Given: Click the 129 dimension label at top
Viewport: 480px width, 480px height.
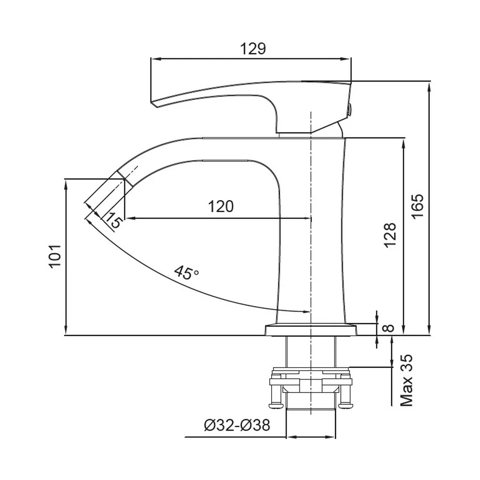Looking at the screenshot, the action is coord(253,48).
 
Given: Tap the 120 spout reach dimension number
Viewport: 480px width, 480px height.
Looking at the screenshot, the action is coord(221,206).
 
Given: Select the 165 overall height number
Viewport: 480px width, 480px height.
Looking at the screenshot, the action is coord(417,206).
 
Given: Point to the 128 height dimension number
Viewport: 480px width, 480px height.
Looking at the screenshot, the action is coord(390,235).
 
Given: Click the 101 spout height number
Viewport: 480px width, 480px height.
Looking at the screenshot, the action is coord(55,256).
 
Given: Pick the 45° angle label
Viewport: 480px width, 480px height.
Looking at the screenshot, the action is coord(186,272).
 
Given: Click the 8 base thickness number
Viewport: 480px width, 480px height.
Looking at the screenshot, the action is coord(389,328).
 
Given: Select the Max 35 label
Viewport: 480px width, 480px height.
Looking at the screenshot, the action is coord(407,381).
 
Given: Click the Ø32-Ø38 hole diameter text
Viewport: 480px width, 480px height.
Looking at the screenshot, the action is coord(237,425).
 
